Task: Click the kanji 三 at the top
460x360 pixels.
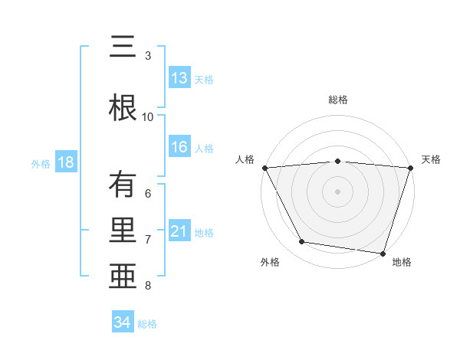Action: (124, 48)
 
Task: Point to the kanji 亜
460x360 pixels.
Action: (124, 277)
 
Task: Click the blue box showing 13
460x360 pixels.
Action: (179, 78)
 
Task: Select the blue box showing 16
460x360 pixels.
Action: (179, 148)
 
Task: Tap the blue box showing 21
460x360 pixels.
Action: (179, 231)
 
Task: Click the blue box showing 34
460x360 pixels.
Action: (123, 322)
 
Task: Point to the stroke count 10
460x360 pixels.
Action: (148, 116)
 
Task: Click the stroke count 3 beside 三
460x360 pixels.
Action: (148, 56)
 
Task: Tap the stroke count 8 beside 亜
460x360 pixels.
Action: (148, 286)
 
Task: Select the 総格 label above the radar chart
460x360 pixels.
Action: (338, 100)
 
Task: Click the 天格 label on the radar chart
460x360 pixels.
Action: (432, 159)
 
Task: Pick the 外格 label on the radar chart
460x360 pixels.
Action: (270, 262)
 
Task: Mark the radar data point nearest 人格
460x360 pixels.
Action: (264, 167)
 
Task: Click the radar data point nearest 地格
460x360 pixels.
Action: (383, 253)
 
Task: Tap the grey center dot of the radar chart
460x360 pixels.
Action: (337, 191)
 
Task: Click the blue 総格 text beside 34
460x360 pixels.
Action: (147, 324)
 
